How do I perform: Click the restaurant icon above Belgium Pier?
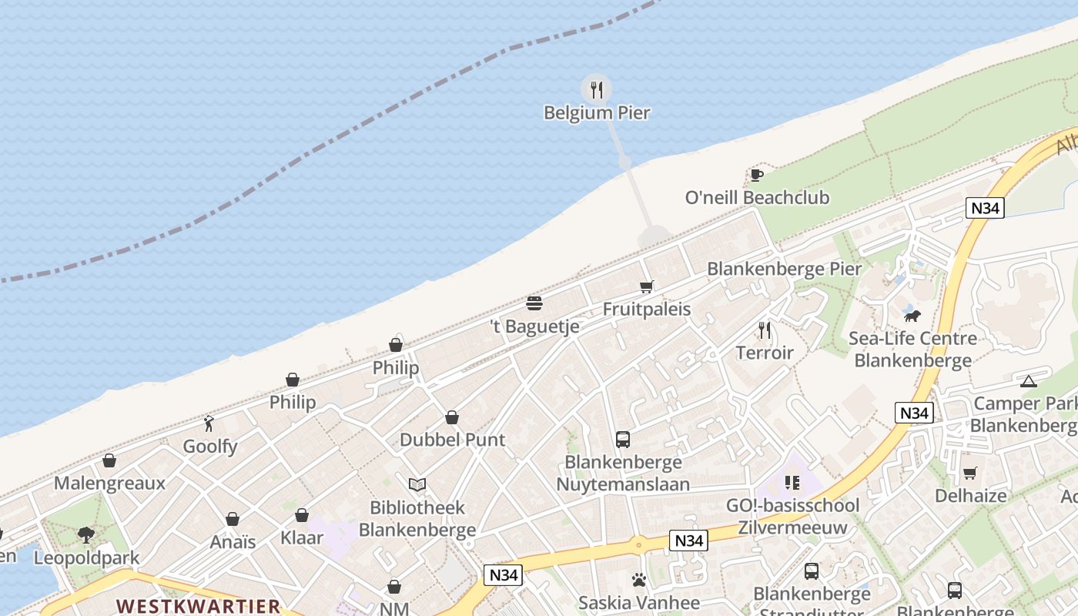[596, 89]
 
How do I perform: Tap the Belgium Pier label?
[597, 113]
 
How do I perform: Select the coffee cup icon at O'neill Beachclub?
[757, 175]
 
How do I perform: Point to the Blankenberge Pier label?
[784, 269]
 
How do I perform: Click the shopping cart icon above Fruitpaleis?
[647, 287]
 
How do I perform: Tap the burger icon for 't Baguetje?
[534, 303]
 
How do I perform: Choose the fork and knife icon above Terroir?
[765, 330]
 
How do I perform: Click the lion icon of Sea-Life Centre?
[912, 316]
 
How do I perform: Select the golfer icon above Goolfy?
[209, 423]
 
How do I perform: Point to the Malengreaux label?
[109, 484]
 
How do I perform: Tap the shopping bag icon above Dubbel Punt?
[452, 417]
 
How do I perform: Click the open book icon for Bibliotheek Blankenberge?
[417, 485]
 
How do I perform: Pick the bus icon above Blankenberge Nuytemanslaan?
[623, 440]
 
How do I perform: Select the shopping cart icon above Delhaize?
[970, 473]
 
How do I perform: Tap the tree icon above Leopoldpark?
[86, 534]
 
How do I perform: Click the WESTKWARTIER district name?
[199, 606]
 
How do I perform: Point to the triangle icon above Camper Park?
[1028, 381]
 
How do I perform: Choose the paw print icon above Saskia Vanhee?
[639, 580]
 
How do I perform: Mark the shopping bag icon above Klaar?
[302, 515]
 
